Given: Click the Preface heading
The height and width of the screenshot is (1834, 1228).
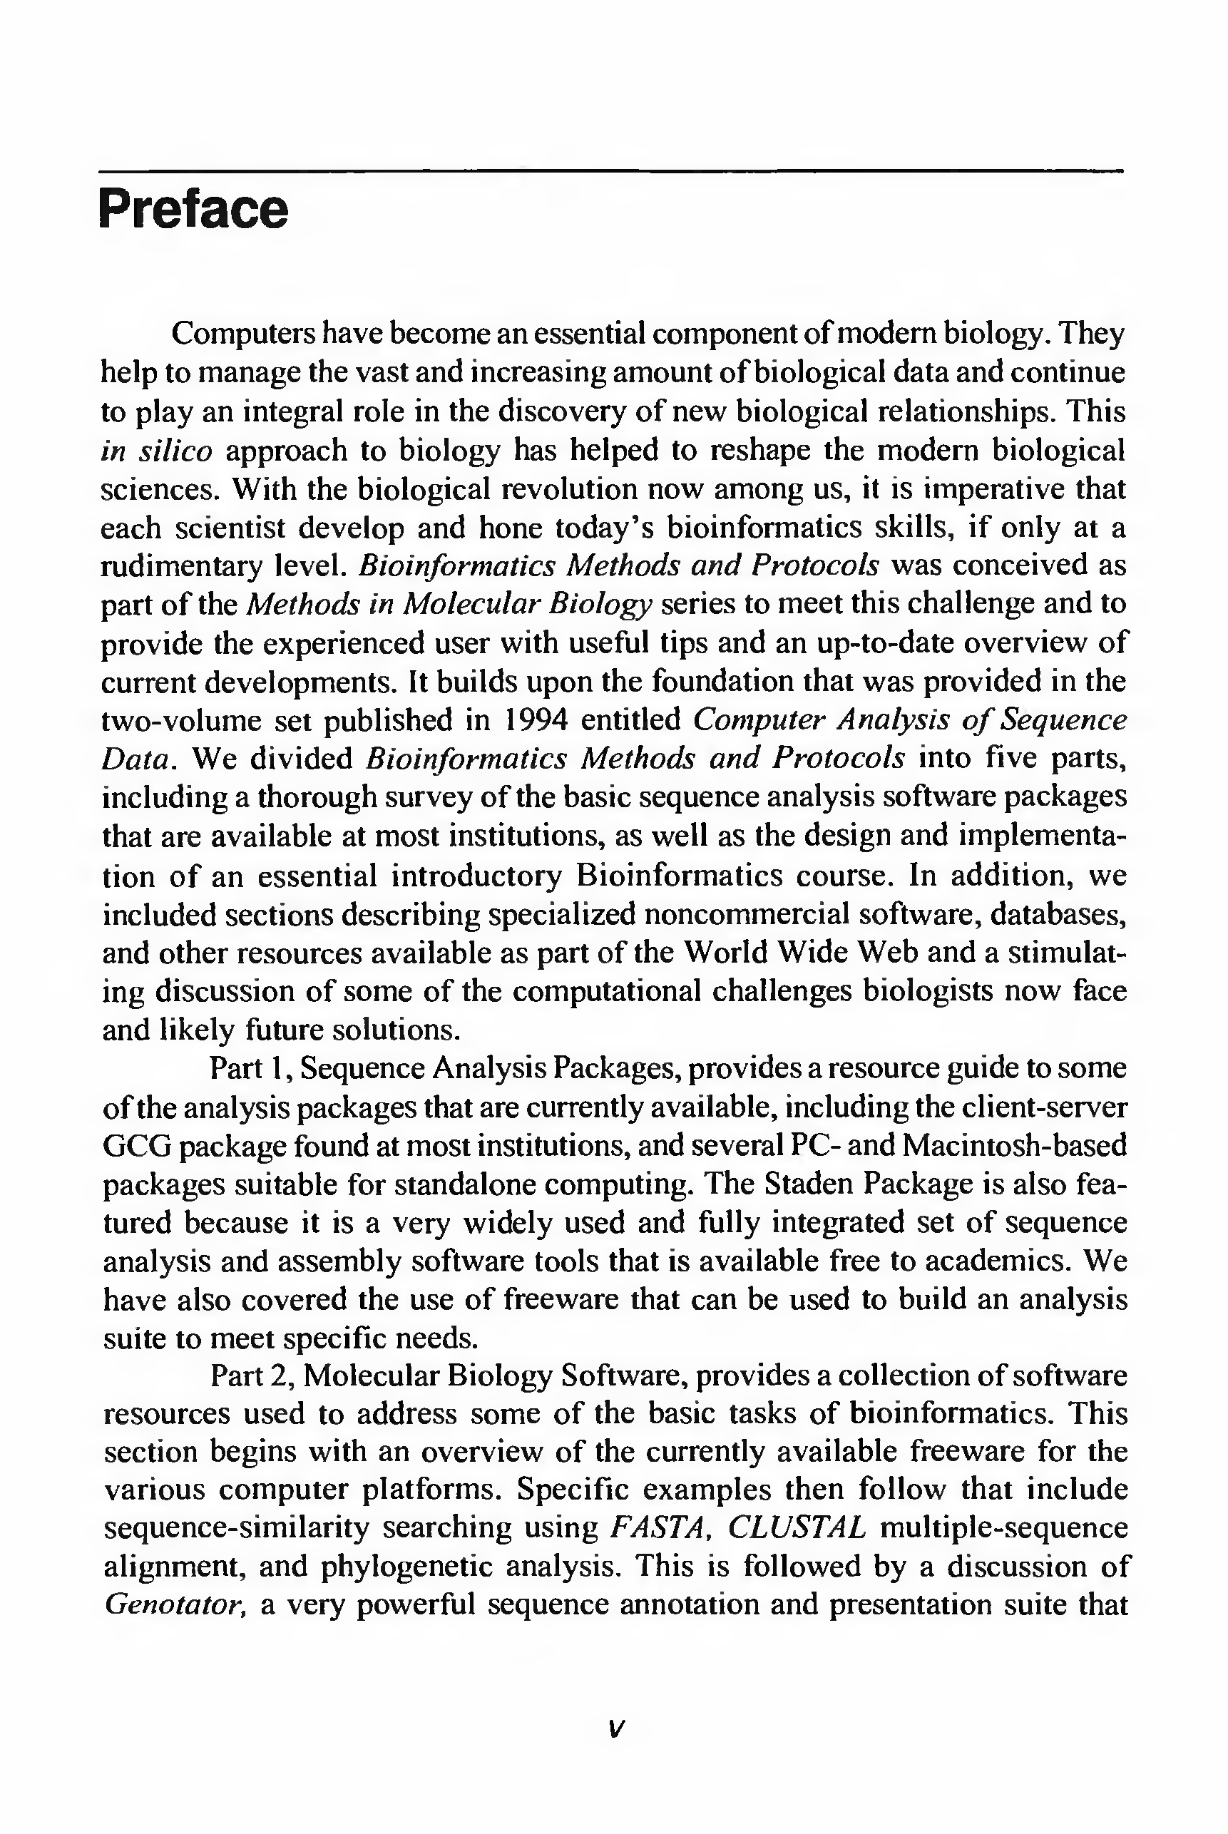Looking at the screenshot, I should pyautogui.click(x=193, y=210).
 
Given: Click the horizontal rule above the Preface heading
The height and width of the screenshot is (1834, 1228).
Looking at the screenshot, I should pyautogui.click(x=611, y=170).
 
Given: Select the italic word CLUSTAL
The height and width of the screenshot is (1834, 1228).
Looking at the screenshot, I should pyautogui.click(x=797, y=1528).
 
